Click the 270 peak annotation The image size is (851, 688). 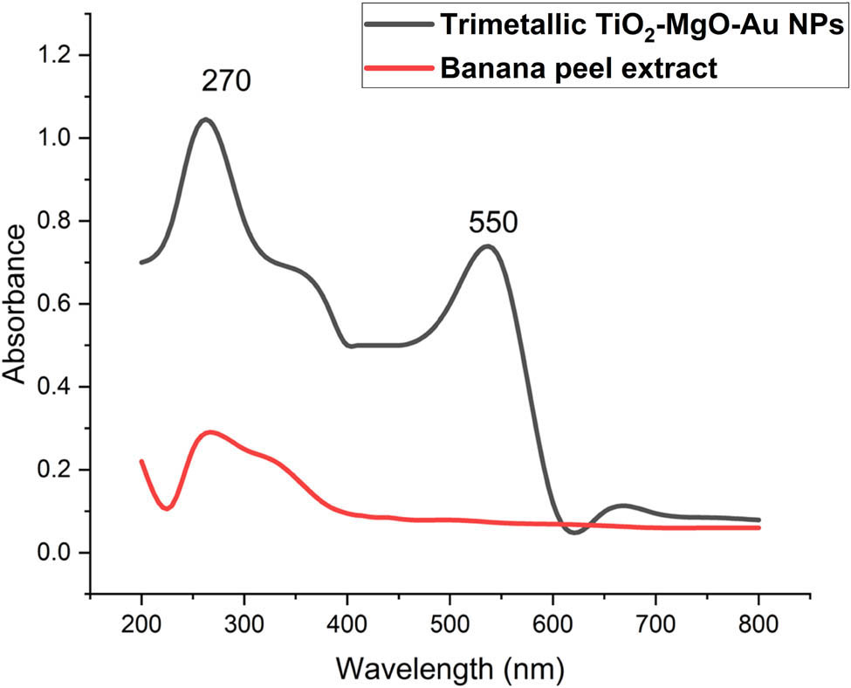point(226,82)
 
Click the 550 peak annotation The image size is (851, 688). point(493,224)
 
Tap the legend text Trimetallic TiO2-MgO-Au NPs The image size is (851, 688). point(642,26)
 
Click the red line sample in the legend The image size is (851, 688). point(400,68)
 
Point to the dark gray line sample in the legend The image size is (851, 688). point(400,25)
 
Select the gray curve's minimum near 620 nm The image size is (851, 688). point(573,532)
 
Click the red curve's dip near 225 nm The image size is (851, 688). point(167,508)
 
